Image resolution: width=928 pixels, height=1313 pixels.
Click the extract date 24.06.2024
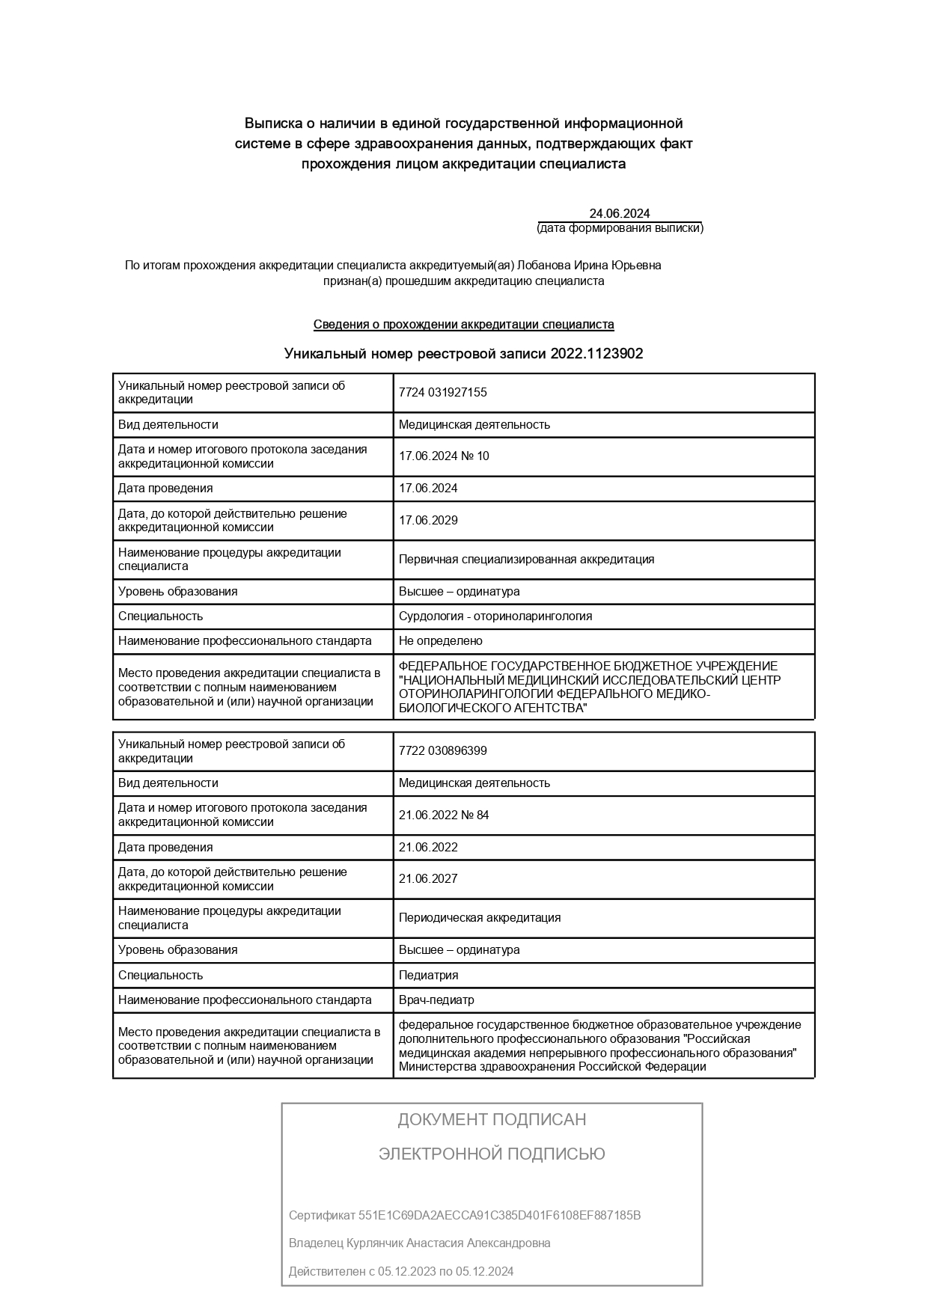coord(619,213)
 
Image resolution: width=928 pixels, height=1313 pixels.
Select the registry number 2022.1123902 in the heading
coord(596,354)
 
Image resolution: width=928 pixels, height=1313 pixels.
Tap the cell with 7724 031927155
coord(442,393)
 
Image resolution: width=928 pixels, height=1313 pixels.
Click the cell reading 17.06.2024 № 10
coord(444,456)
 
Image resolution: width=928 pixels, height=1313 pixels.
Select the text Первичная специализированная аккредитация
coord(526,560)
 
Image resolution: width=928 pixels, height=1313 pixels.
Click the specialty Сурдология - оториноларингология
coord(495,616)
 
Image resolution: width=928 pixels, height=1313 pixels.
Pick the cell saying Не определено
coord(440,641)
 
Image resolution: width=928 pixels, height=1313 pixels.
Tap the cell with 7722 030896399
coord(442,751)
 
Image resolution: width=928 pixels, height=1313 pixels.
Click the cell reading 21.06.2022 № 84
coord(444,815)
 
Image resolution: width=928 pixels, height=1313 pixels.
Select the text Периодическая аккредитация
coord(479,918)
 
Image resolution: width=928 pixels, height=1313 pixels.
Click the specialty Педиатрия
coord(428,976)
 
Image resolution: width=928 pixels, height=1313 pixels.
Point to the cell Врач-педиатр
coord(436,1000)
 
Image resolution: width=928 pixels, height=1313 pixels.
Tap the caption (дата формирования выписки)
coord(620,228)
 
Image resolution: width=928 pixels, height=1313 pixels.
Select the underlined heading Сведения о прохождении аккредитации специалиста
coord(463,325)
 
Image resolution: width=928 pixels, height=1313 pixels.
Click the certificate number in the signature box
coord(499,1215)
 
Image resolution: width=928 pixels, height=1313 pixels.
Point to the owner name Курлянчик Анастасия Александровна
coord(448,1243)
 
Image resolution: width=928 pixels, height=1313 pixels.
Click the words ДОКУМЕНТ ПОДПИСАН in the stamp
coord(492,1119)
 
